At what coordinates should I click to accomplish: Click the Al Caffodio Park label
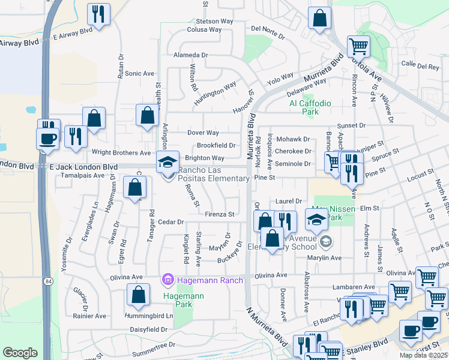(310, 107)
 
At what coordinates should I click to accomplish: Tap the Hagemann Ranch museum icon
(167, 280)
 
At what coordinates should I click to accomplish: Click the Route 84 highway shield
(46, 281)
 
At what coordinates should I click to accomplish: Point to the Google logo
(20, 352)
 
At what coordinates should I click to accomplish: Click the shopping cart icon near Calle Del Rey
(358, 46)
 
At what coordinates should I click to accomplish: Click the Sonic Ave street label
(140, 73)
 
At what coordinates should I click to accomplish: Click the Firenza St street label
(219, 214)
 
